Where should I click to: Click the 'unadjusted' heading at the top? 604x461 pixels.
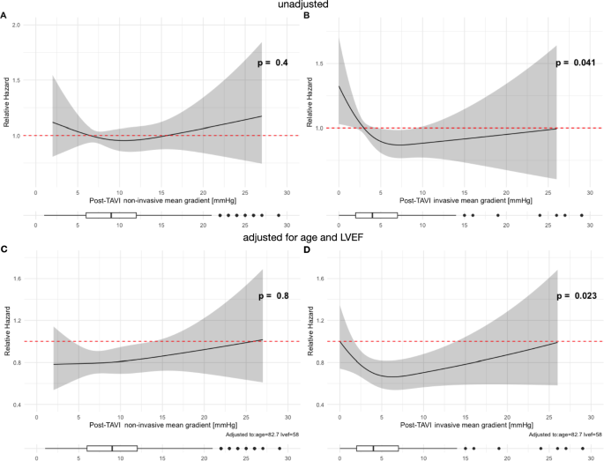[x=301, y=5]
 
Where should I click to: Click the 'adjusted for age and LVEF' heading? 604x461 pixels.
[x=301, y=236]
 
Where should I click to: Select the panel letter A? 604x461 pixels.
[x=4, y=16]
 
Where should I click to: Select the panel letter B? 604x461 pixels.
[x=307, y=16]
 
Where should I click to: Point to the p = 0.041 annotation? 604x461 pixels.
[x=576, y=63]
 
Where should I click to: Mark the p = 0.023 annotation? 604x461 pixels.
[x=576, y=298]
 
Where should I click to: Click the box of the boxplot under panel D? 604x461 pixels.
[x=377, y=448]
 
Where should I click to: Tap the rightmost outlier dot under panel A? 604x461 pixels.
[x=279, y=214]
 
